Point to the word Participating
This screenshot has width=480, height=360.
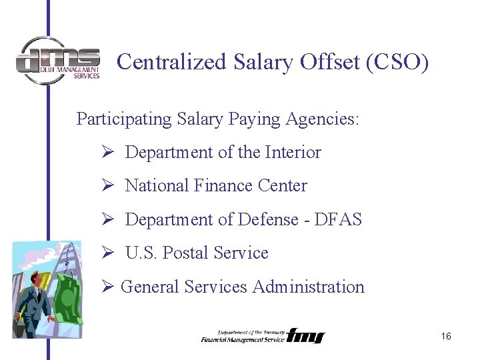[x=124, y=119]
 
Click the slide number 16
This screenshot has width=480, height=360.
[x=446, y=337]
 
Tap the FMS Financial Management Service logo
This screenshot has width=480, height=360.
[x=263, y=335]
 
